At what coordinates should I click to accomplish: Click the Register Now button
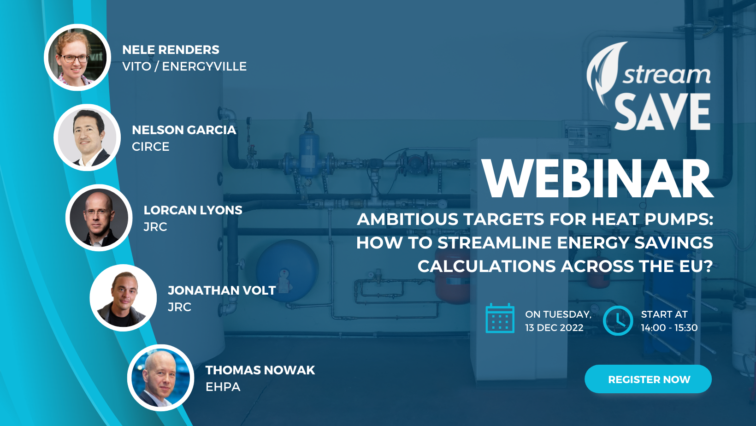[648, 379]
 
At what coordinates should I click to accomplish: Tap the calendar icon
[500, 318]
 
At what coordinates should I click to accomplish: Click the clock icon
[618, 320]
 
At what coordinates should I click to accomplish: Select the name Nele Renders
[171, 50]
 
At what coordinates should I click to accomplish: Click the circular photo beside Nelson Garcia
[87, 137]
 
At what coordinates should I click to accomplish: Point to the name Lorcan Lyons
[193, 210]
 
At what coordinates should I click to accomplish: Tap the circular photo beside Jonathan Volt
[123, 298]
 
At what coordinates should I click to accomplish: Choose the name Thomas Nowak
[260, 370]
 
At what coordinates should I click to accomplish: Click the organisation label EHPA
[223, 387]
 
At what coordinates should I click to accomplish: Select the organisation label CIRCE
[151, 147]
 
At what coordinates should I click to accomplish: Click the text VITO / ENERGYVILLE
[184, 66]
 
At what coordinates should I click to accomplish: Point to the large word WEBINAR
[597, 178]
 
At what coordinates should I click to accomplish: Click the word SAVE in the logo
[662, 112]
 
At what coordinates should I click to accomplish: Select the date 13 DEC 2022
[554, 328]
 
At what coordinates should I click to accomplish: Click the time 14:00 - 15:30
[669, 328]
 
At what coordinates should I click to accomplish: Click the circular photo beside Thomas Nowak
[160, 378]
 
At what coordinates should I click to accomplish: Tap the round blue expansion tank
[287, 270]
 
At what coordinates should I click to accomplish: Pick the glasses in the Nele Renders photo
[74, 59]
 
